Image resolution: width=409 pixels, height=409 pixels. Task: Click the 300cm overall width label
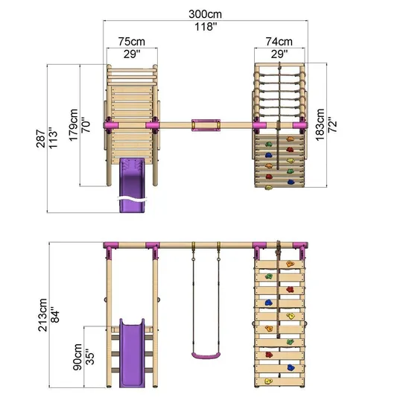click(206, 14)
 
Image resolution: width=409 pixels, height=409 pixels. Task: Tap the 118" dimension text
click(206, 27)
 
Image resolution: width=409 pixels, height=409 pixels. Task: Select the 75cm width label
click(131, 42)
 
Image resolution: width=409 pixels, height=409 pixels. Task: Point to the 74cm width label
click(279, 42)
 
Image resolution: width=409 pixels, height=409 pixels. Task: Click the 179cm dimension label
click(74, 125)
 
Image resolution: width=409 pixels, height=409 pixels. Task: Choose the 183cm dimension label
click(320, 124)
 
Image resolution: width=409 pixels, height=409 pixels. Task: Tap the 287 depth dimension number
click(41, 139)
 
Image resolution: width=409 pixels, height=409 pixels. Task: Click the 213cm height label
click(42, 315)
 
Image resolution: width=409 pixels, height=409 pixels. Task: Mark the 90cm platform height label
click(77, 357)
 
